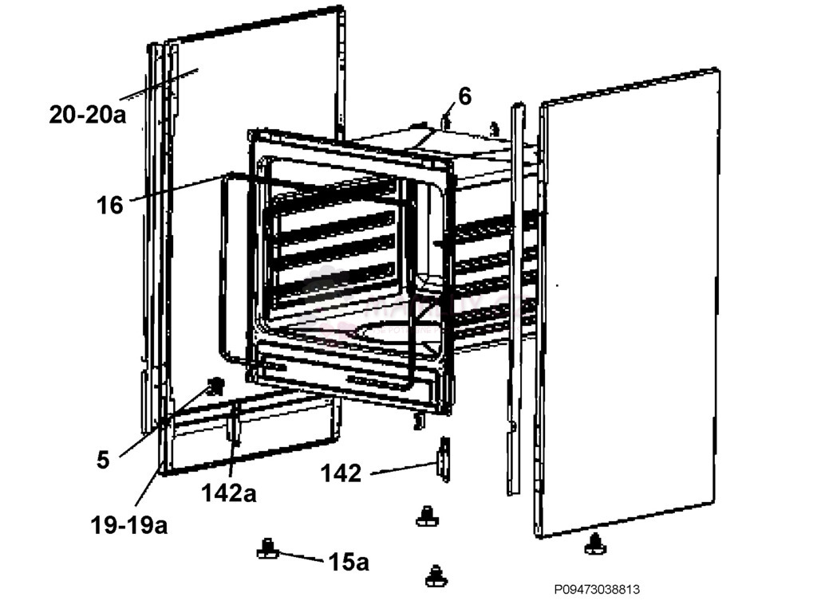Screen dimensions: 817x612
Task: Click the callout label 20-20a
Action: pyautogui.click(x=88, y=114)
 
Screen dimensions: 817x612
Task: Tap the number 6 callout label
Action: pyautogui.click(x=465, y=96)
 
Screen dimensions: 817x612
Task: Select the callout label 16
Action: pyautogui.click(x=110, y=205)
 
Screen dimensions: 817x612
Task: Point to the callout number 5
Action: pyautogui.click(x=103, y=460)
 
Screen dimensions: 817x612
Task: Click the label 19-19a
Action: pyautogui.click(x=128, y=525)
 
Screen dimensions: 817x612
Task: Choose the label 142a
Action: pyautogui.click(x=229, y=492)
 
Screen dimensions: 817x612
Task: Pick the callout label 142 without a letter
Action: pyautogui.click(x=341, y=473)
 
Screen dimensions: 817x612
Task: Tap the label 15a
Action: pyautogui.click(x=349, y=562)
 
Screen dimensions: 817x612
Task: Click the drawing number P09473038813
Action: pyautogui.click(x=597, y=590)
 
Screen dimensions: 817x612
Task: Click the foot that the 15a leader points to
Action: pyautogui.click(x=268, y=548)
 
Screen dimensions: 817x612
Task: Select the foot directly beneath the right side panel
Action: pyautogui.click(x=594, y=544)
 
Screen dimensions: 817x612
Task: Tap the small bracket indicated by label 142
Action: pyautogui.click(x=444, y=460)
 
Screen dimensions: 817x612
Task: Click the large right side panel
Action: pyautogui.click(x=628, y=302)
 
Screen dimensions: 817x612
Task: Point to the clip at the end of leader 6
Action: pyautogui.click(x=445, y=122)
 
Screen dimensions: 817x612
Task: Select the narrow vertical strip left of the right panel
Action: pyautogui.click(x=516, y=300)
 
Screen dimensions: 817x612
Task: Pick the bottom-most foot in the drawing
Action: pyautogui.click(x=436, y=576)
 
